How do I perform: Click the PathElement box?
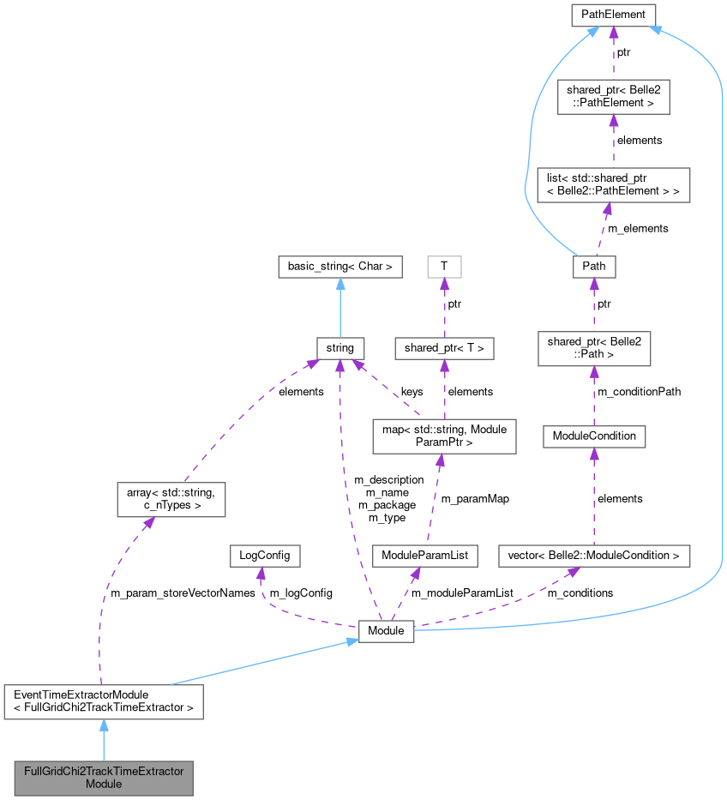(x=613, y=14)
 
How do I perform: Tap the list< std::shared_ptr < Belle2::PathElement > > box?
(x=613, y=184)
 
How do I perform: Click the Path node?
(x=594, y=266)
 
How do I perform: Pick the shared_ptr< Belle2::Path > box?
(x=594, y=347)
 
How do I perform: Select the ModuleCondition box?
(x=594, y=436)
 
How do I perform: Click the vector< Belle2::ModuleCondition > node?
(x=594, y=556)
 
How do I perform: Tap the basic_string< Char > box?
(x=340, y=267)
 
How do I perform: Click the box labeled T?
(x=444, y=267)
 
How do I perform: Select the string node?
(x=340, y=348)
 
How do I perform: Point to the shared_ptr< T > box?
(x=444, y=348)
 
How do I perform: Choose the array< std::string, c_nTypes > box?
(x=171, y=499)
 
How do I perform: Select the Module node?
(x=386, y=630)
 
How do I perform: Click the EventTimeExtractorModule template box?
(x=103, y=701)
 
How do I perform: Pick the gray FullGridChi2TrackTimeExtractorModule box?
(x=103, y=777)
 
